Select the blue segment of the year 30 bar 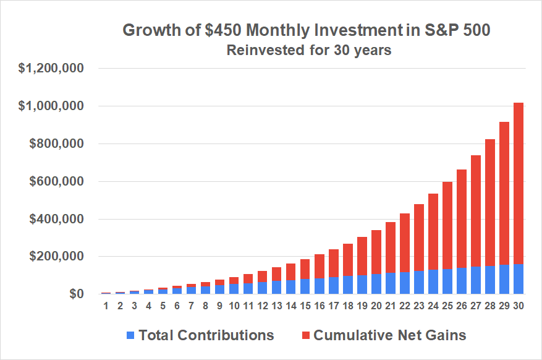coord(518,279)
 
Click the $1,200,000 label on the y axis coord(51,69)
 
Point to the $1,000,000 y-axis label coord(51,106)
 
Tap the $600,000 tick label coord(56,182)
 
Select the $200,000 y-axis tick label coord(56,257)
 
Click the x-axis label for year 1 coord(106,306)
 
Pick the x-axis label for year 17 coord(333,306)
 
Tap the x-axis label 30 coord(518,306)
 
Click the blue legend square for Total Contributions coord(130,336)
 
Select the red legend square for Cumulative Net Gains coord(305,336)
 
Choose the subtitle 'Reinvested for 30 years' coord(309,50)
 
